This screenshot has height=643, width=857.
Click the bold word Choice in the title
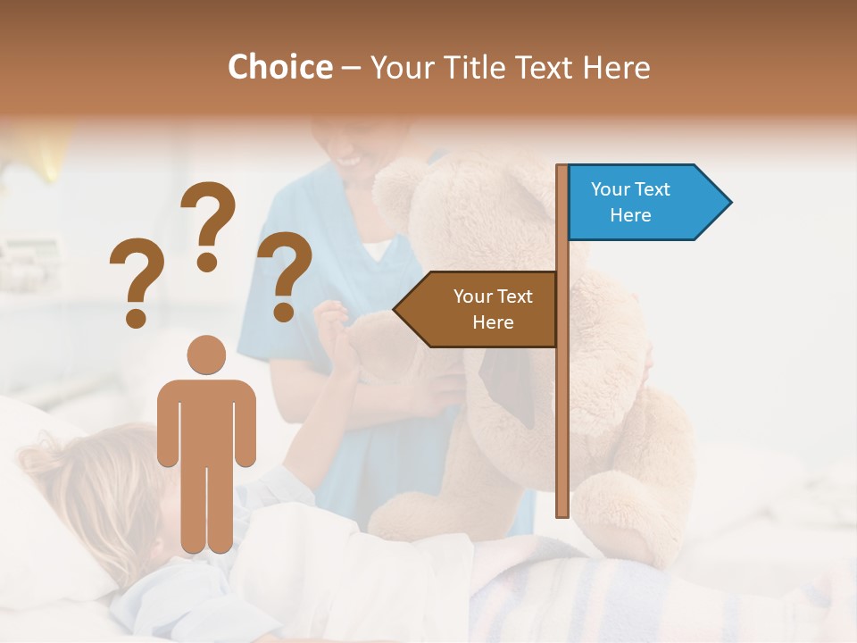[279, 67]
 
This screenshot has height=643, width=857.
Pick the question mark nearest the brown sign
[287, 275]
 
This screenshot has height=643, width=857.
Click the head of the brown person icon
[206, 355]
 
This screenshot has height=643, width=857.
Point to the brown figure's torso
[206, 420]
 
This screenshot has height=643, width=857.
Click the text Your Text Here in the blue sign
[630, 202]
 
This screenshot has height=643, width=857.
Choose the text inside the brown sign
[492, 309]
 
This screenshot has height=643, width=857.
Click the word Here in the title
[617, 67]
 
